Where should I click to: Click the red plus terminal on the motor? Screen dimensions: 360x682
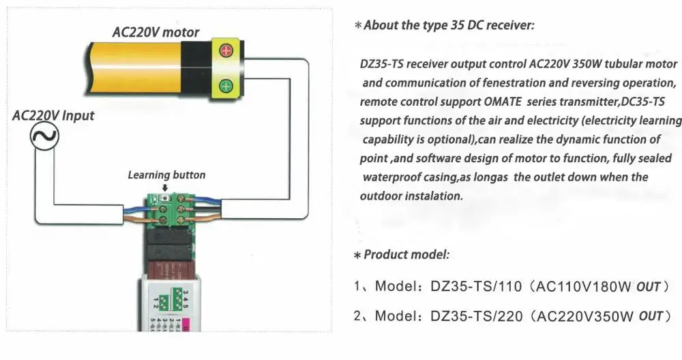[225, 50]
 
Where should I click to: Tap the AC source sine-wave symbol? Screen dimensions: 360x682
[44, 139]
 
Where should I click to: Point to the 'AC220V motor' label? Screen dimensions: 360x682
[156, 32]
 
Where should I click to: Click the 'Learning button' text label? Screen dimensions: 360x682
[166, 175]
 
